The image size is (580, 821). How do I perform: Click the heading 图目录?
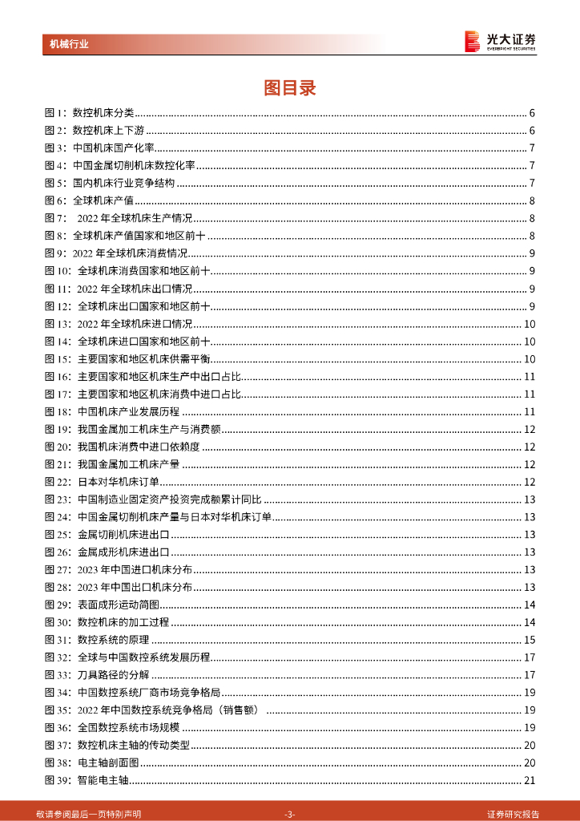[x=290, y=88]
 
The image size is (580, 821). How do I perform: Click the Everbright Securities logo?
[x=500, y=41]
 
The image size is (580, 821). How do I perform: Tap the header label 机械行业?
[x=69, y=44]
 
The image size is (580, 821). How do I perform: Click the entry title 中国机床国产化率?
[x=113, y=148]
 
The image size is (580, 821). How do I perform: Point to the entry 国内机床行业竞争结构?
[x=123, y=183]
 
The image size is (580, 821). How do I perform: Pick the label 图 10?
[x=58, y=272]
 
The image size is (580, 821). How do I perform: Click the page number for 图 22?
[x=529, y=482]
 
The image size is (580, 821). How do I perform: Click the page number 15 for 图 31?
[x=529, y=640]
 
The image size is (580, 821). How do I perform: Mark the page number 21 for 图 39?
[x=529, y=781]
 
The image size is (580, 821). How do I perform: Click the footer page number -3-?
[x=290, y=814]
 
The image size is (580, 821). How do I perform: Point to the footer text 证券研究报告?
[x=513, y=814]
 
